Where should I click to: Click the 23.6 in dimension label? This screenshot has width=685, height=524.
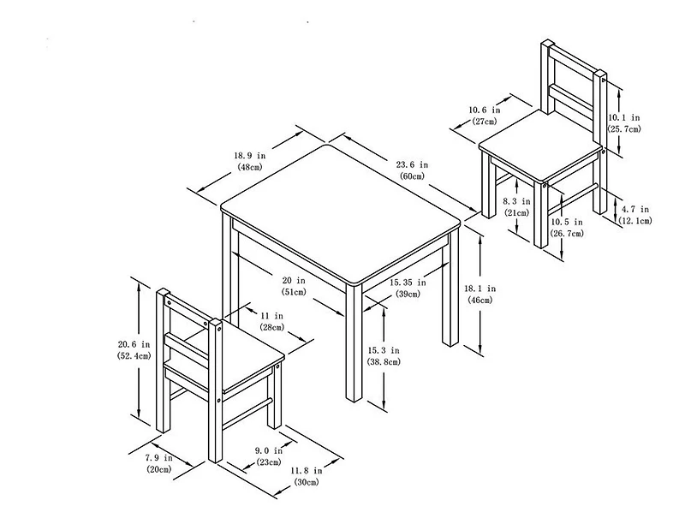point(412,164)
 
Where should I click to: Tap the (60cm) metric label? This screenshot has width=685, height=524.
point(412,176)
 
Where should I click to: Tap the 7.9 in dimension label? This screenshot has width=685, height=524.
point(157,458)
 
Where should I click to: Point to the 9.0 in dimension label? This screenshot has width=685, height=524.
point(268,450)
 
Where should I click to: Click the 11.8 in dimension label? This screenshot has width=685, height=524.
point(306,470)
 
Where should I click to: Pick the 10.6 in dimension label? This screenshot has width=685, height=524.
point(484,110)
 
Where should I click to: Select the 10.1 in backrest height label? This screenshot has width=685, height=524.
point(624,116)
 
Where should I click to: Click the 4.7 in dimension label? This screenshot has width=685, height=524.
point(634,209)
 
